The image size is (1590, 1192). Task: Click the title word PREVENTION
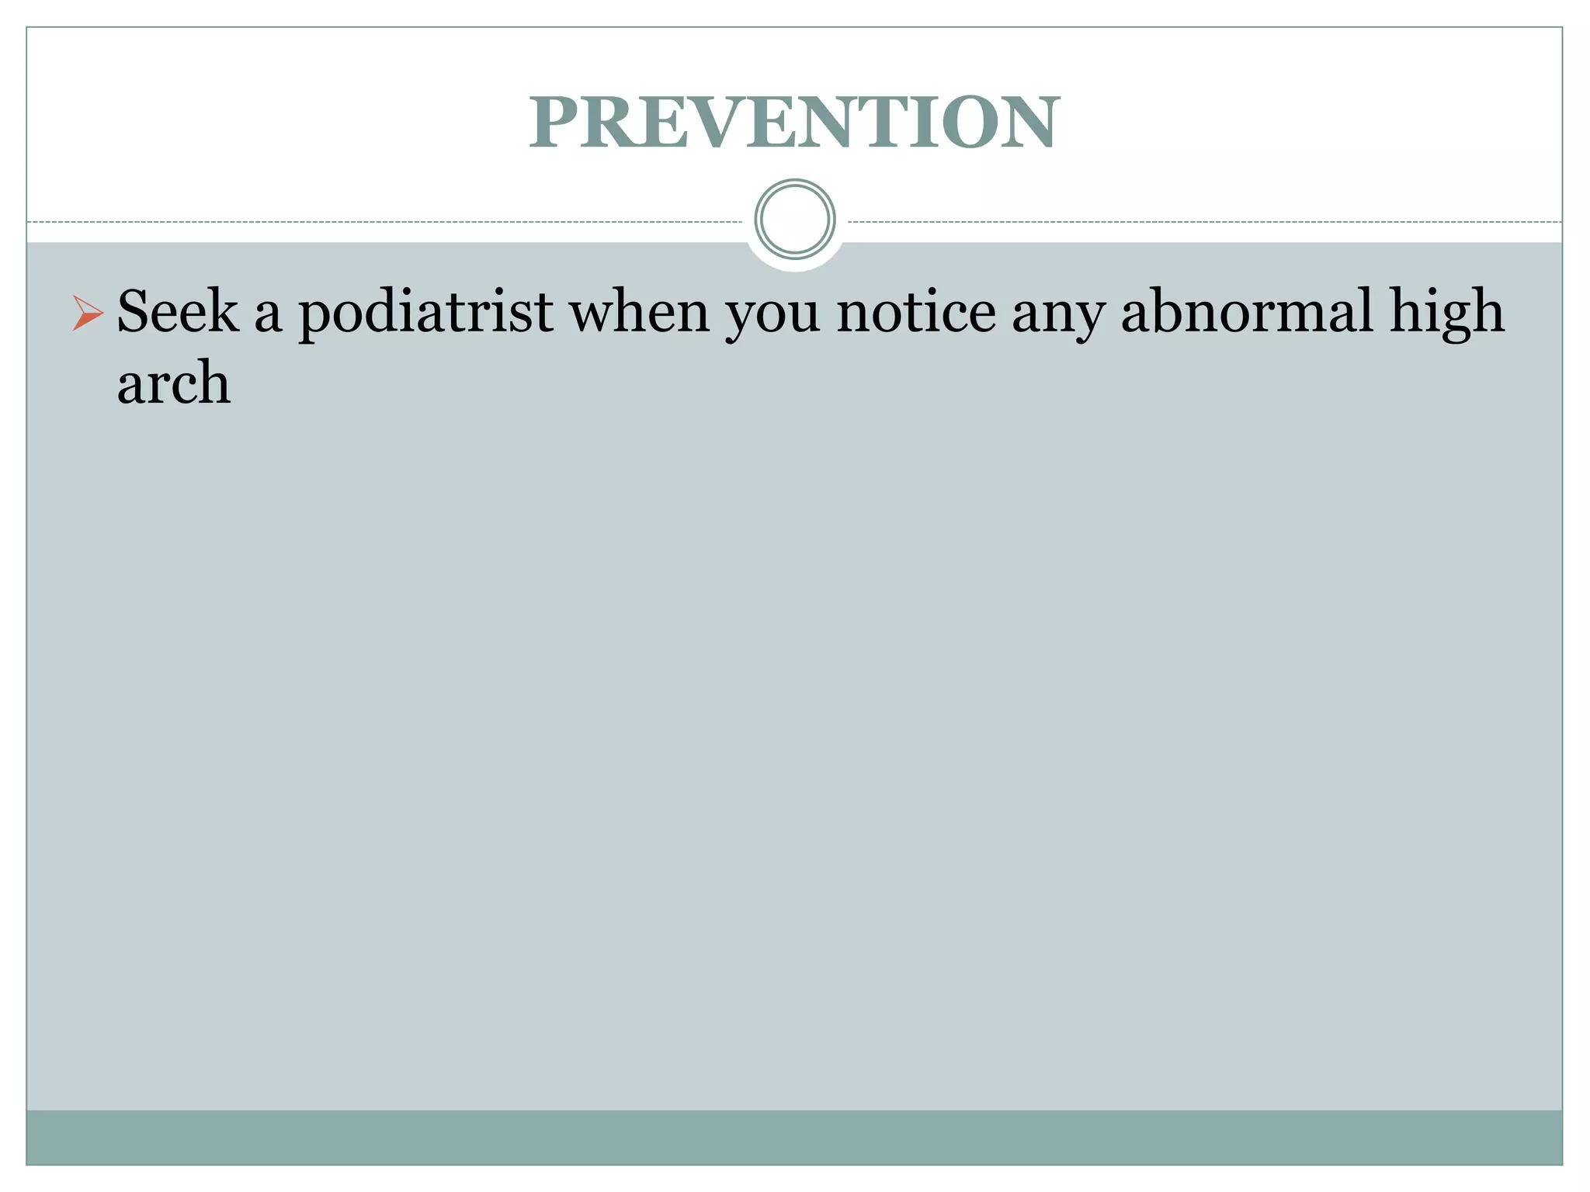[794, 123]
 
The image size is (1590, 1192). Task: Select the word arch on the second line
[174, 383]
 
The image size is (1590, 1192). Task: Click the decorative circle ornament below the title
[795, 219]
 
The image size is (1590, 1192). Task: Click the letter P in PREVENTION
[557, 123]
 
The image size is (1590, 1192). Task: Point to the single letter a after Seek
[269, 317]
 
